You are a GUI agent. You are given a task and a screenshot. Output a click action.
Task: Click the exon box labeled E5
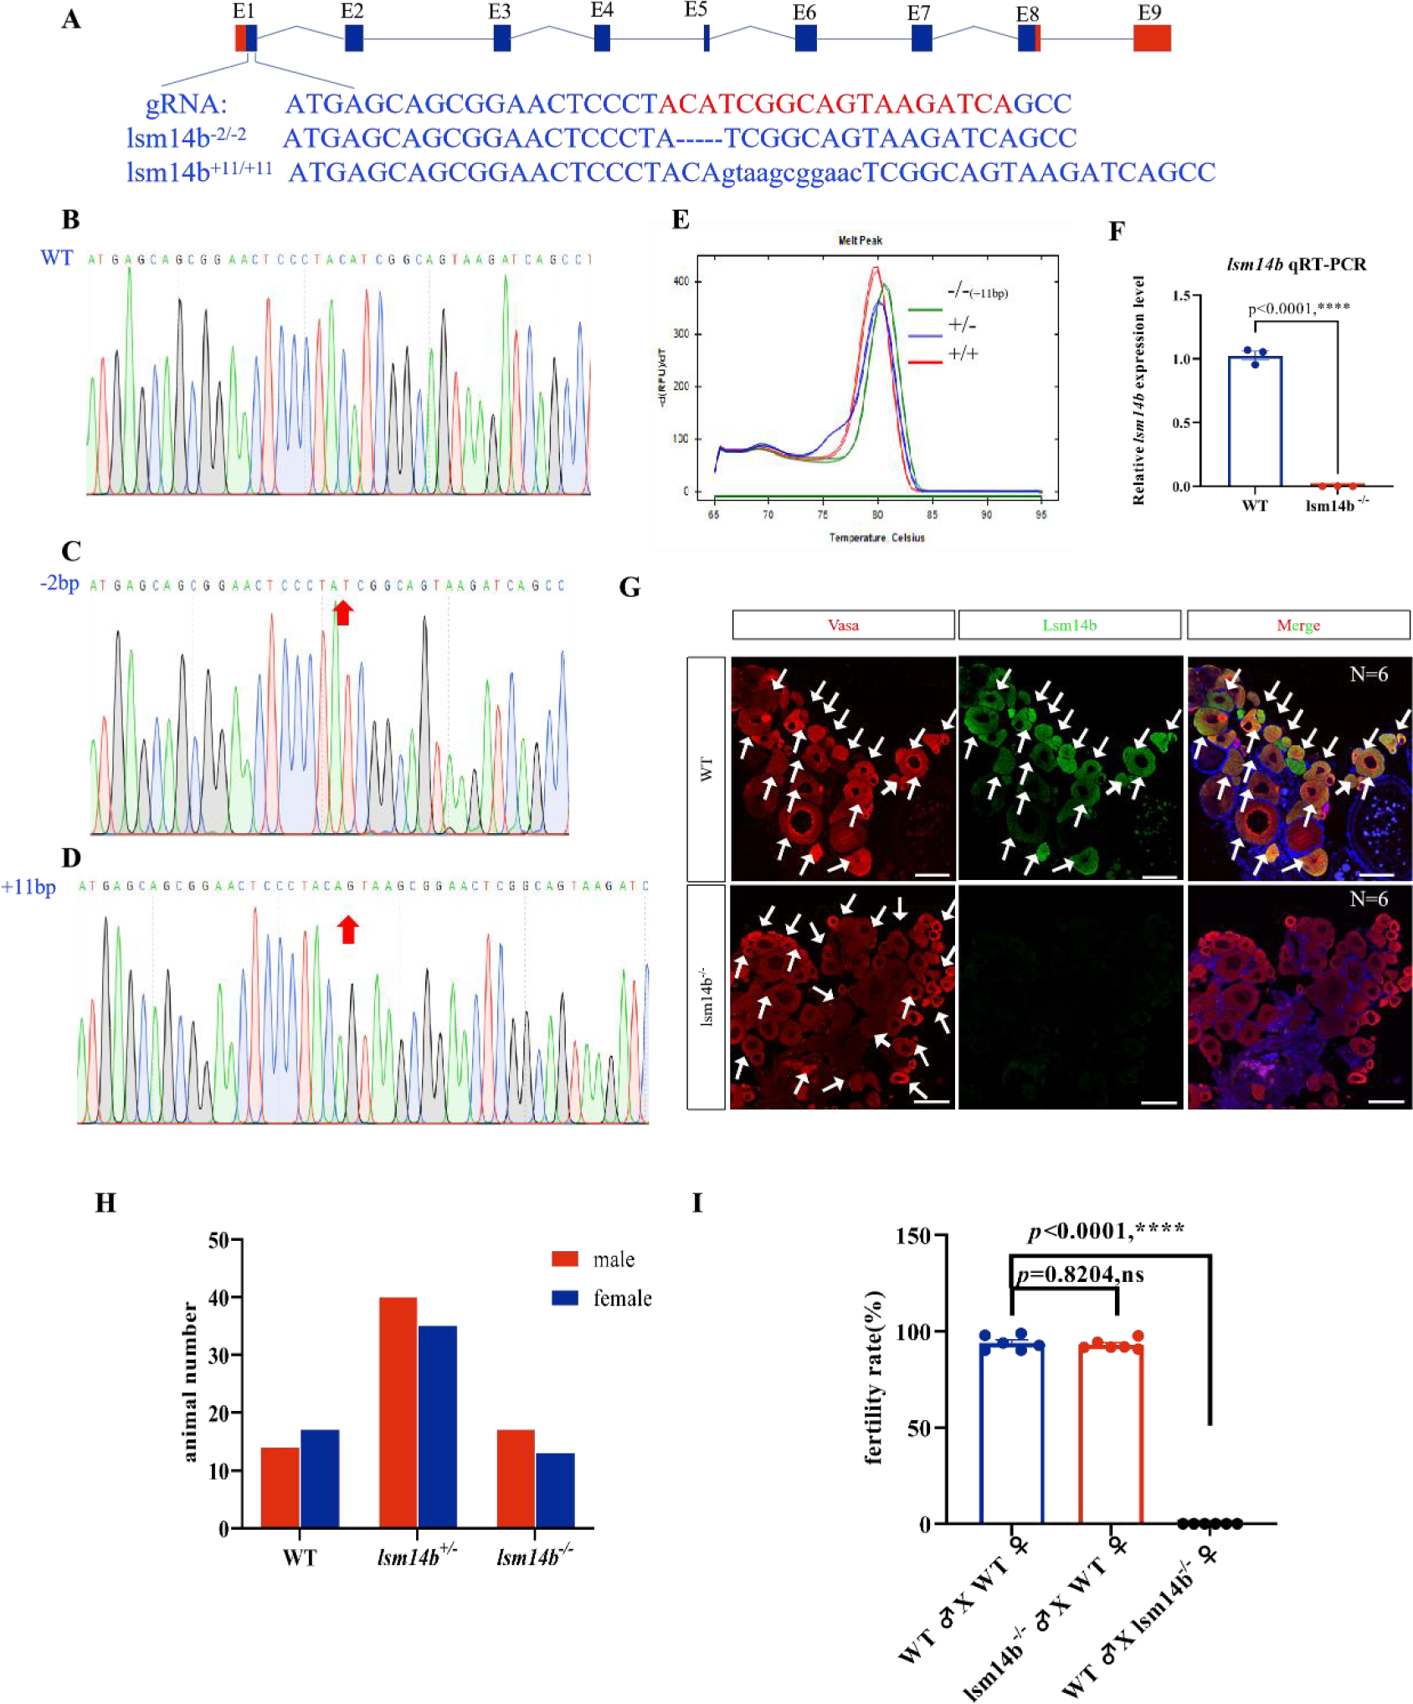coord(706,39)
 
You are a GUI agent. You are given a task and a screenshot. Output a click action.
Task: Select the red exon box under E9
coord(1151,39)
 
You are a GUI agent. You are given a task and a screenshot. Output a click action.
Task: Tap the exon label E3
coord(499,12)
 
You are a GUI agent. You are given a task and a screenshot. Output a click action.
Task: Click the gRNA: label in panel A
coord(186,105)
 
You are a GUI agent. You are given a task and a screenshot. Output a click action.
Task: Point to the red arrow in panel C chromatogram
coord(342,613)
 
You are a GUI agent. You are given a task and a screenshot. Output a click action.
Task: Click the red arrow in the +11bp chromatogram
coord(348,929)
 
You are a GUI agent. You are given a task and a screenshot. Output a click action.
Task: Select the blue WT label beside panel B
coord(57,258)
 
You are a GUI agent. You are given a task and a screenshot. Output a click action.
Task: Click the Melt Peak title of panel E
coord(860,240)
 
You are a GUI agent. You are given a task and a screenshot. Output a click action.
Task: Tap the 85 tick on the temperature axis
coord(932,514)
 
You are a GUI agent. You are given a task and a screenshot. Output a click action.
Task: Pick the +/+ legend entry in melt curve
coord(963,354)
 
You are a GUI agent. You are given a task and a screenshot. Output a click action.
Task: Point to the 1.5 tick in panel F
coord(1180,296)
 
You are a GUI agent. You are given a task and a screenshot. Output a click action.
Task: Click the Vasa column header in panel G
coord(843,625)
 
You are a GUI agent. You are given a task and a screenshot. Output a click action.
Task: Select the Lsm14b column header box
coord(1069,625)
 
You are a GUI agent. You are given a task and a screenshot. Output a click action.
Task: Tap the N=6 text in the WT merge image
coord(1368,674)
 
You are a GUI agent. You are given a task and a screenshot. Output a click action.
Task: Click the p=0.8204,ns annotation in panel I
coord(1079,1275)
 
